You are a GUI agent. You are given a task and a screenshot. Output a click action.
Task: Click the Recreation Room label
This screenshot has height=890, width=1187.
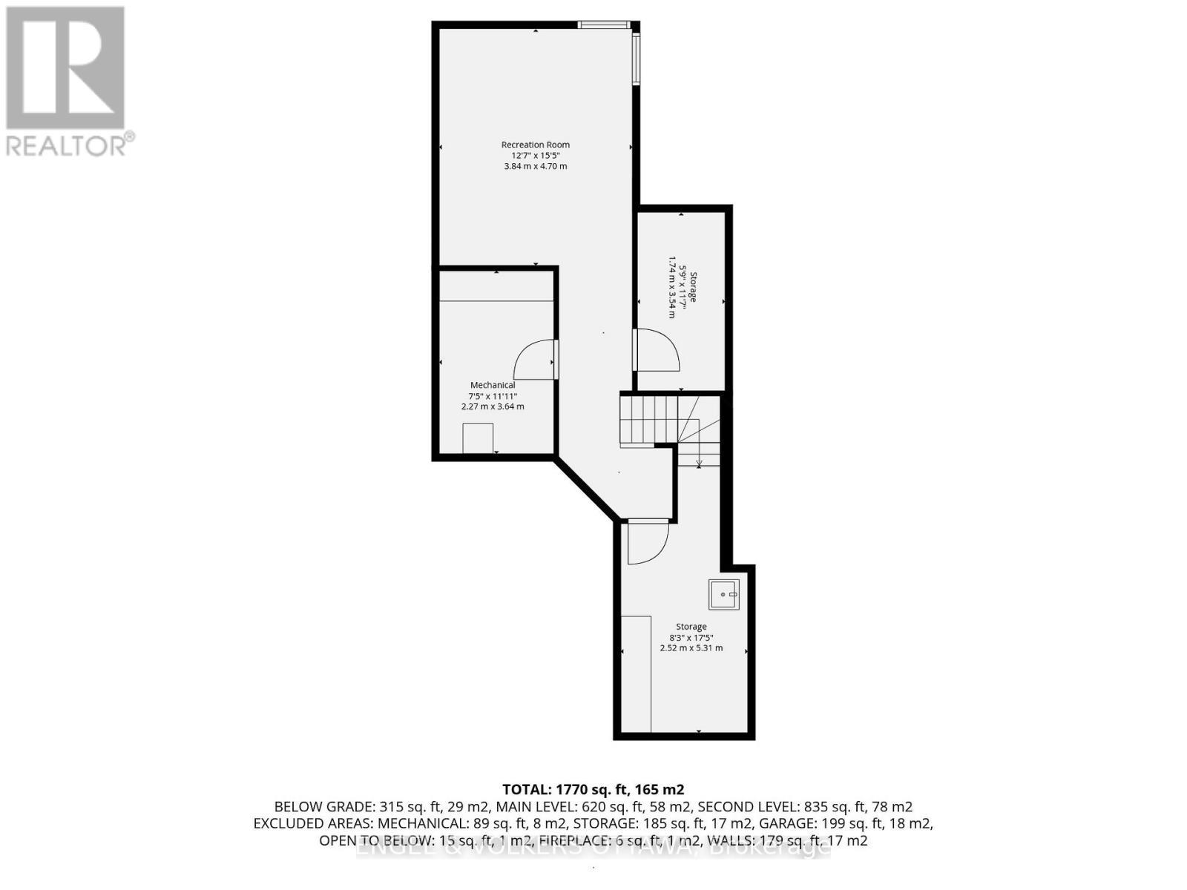pos(535,145)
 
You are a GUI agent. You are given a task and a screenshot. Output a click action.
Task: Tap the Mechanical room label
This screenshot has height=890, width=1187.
pos(493,385)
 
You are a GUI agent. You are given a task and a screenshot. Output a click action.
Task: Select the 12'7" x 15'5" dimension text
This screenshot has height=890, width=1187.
pos(535,156)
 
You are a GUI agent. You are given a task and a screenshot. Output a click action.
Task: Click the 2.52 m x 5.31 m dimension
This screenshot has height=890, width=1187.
pos(691,648)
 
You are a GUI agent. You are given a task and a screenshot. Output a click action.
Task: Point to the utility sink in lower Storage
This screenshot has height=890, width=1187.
pos(723,595)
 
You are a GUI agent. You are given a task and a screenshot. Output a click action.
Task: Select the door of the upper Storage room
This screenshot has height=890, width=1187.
pos(657,350)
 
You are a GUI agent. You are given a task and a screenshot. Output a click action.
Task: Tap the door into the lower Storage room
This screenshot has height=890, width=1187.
pos(647,543)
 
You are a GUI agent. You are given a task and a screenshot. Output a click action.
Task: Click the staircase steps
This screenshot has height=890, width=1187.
pos(649,421)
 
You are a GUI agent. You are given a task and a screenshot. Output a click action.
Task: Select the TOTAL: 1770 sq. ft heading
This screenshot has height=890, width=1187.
pos(593,789)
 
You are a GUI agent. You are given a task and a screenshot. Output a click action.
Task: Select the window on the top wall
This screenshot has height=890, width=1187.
pos(604,24)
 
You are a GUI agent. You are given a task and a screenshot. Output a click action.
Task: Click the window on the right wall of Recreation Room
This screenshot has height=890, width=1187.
pos(636,59)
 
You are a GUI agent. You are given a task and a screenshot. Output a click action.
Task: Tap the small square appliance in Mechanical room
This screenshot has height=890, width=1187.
pos(478,438)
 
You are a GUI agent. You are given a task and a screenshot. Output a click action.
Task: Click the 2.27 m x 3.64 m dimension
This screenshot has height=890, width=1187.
pos(493,406)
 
